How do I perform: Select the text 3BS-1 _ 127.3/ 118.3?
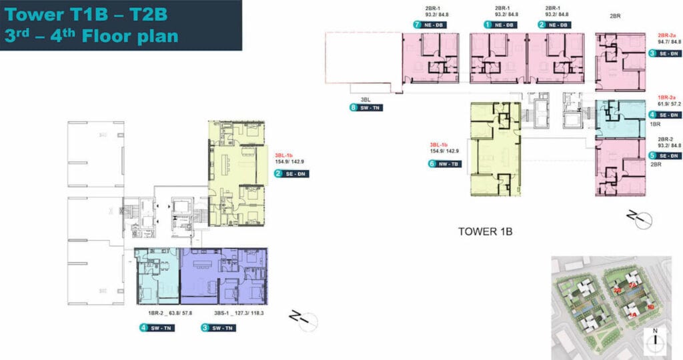coord(237,312)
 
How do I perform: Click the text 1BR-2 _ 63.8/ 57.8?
coord(170,312)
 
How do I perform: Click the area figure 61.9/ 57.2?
coord(660,105)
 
